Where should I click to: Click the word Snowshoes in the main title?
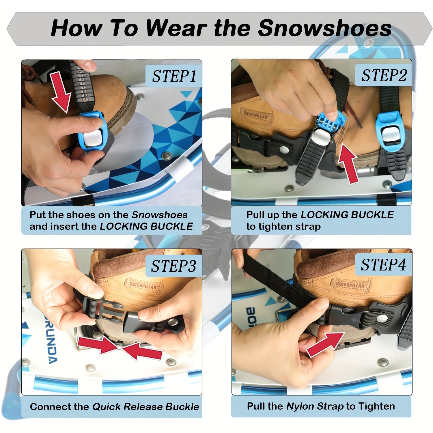tap(324, 28)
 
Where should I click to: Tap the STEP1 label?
tap(174, 76)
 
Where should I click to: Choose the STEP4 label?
tap(384, 264)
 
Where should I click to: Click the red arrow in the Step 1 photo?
tap(61, 92)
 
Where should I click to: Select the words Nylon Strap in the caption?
tap(315, 406)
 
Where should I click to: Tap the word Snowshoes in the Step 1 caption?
tap(160, 215)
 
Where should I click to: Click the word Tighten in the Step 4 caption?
tap(376, 406)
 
